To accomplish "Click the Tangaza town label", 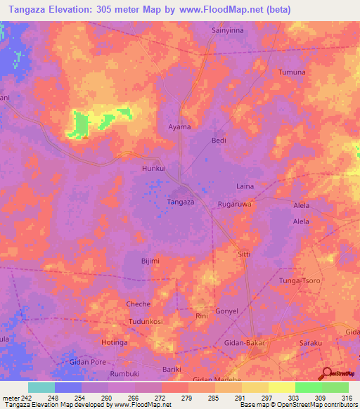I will [180, 202].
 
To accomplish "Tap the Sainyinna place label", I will [229, 31].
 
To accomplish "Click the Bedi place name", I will [219, 141].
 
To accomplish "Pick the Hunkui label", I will [153, 169].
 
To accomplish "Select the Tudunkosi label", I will [146, 321].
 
